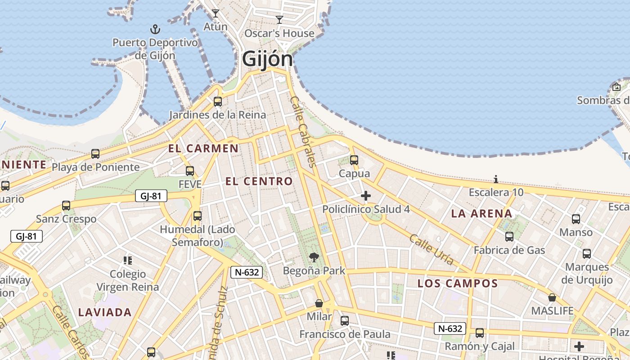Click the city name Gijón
[x=267, y=59]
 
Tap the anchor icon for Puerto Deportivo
[x=155, y=30]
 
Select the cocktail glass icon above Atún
[x=216, y=13]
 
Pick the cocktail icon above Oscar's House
[x=279, y=19]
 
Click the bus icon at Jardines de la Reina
[x=218, y=102]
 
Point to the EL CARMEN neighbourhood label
[x=203, y=148]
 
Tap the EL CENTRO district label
[x=259, y=181]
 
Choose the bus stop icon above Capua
[x=354, y=160]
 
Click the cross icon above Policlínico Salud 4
[x=366, y=196]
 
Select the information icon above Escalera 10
[x=496, y=180]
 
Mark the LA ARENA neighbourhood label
[x=481, y=214]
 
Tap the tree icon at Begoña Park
[x=314, y=257]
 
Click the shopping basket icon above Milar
[x=319, y=303]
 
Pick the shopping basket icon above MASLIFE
[x=552, y=297]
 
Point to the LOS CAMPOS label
[x=458, y=283]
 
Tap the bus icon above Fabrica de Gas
[x=509, y=237]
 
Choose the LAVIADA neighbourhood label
[x=105, y=312]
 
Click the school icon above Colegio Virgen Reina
[x=128, y=260]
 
